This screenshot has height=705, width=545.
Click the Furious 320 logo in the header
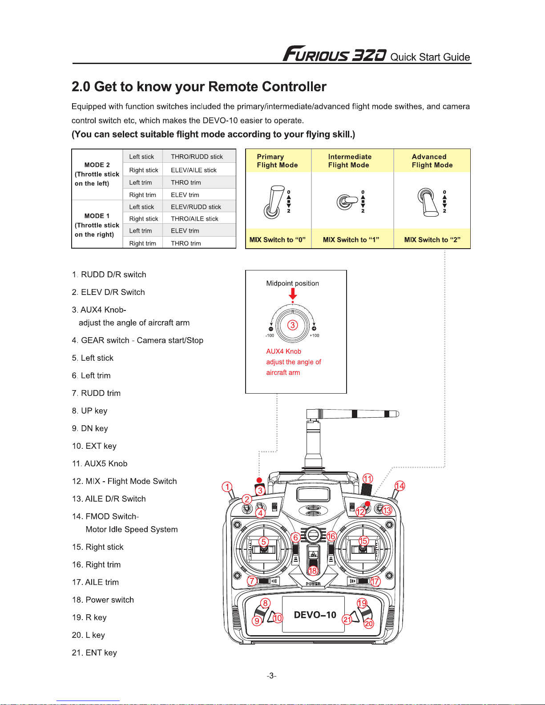(x=335, y=54)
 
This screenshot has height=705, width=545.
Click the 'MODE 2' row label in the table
(x=97, y=165)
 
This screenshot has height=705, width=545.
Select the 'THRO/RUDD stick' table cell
(x=197, y=157)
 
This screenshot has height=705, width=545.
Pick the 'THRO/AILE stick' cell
(x=194, y=219)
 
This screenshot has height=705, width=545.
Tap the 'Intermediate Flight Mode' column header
(x=350, y=161)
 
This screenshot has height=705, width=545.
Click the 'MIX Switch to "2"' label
(x=432, y=240)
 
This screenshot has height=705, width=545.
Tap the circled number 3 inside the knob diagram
(x=292, y=325)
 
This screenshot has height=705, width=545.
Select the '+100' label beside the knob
(x=315, y=336)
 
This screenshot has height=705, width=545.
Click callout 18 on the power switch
(x=313, y=571)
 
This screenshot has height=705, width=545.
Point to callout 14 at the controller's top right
(x=400, y=486)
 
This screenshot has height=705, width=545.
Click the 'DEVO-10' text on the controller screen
(x=315, y=615)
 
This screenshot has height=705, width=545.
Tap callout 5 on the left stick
(x=264, y=541)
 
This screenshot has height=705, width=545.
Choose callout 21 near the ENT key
(x=347, y=619)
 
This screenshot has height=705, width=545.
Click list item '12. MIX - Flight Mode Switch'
(x=125, y=481)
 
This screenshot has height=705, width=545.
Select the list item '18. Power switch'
(x=103, y=600)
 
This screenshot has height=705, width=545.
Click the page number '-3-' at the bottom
(x=272, y=676)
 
